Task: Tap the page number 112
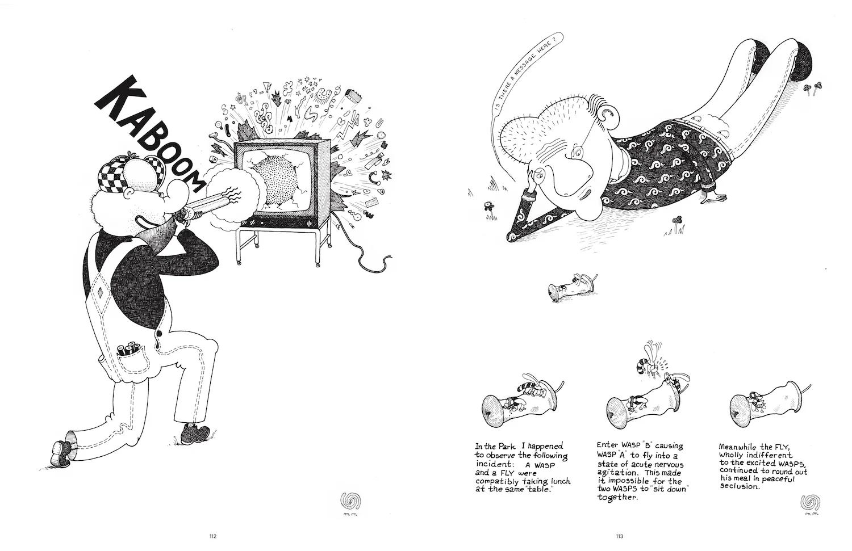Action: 212,536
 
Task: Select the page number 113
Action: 619,536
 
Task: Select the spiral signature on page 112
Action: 350,501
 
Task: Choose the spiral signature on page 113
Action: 810,502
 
